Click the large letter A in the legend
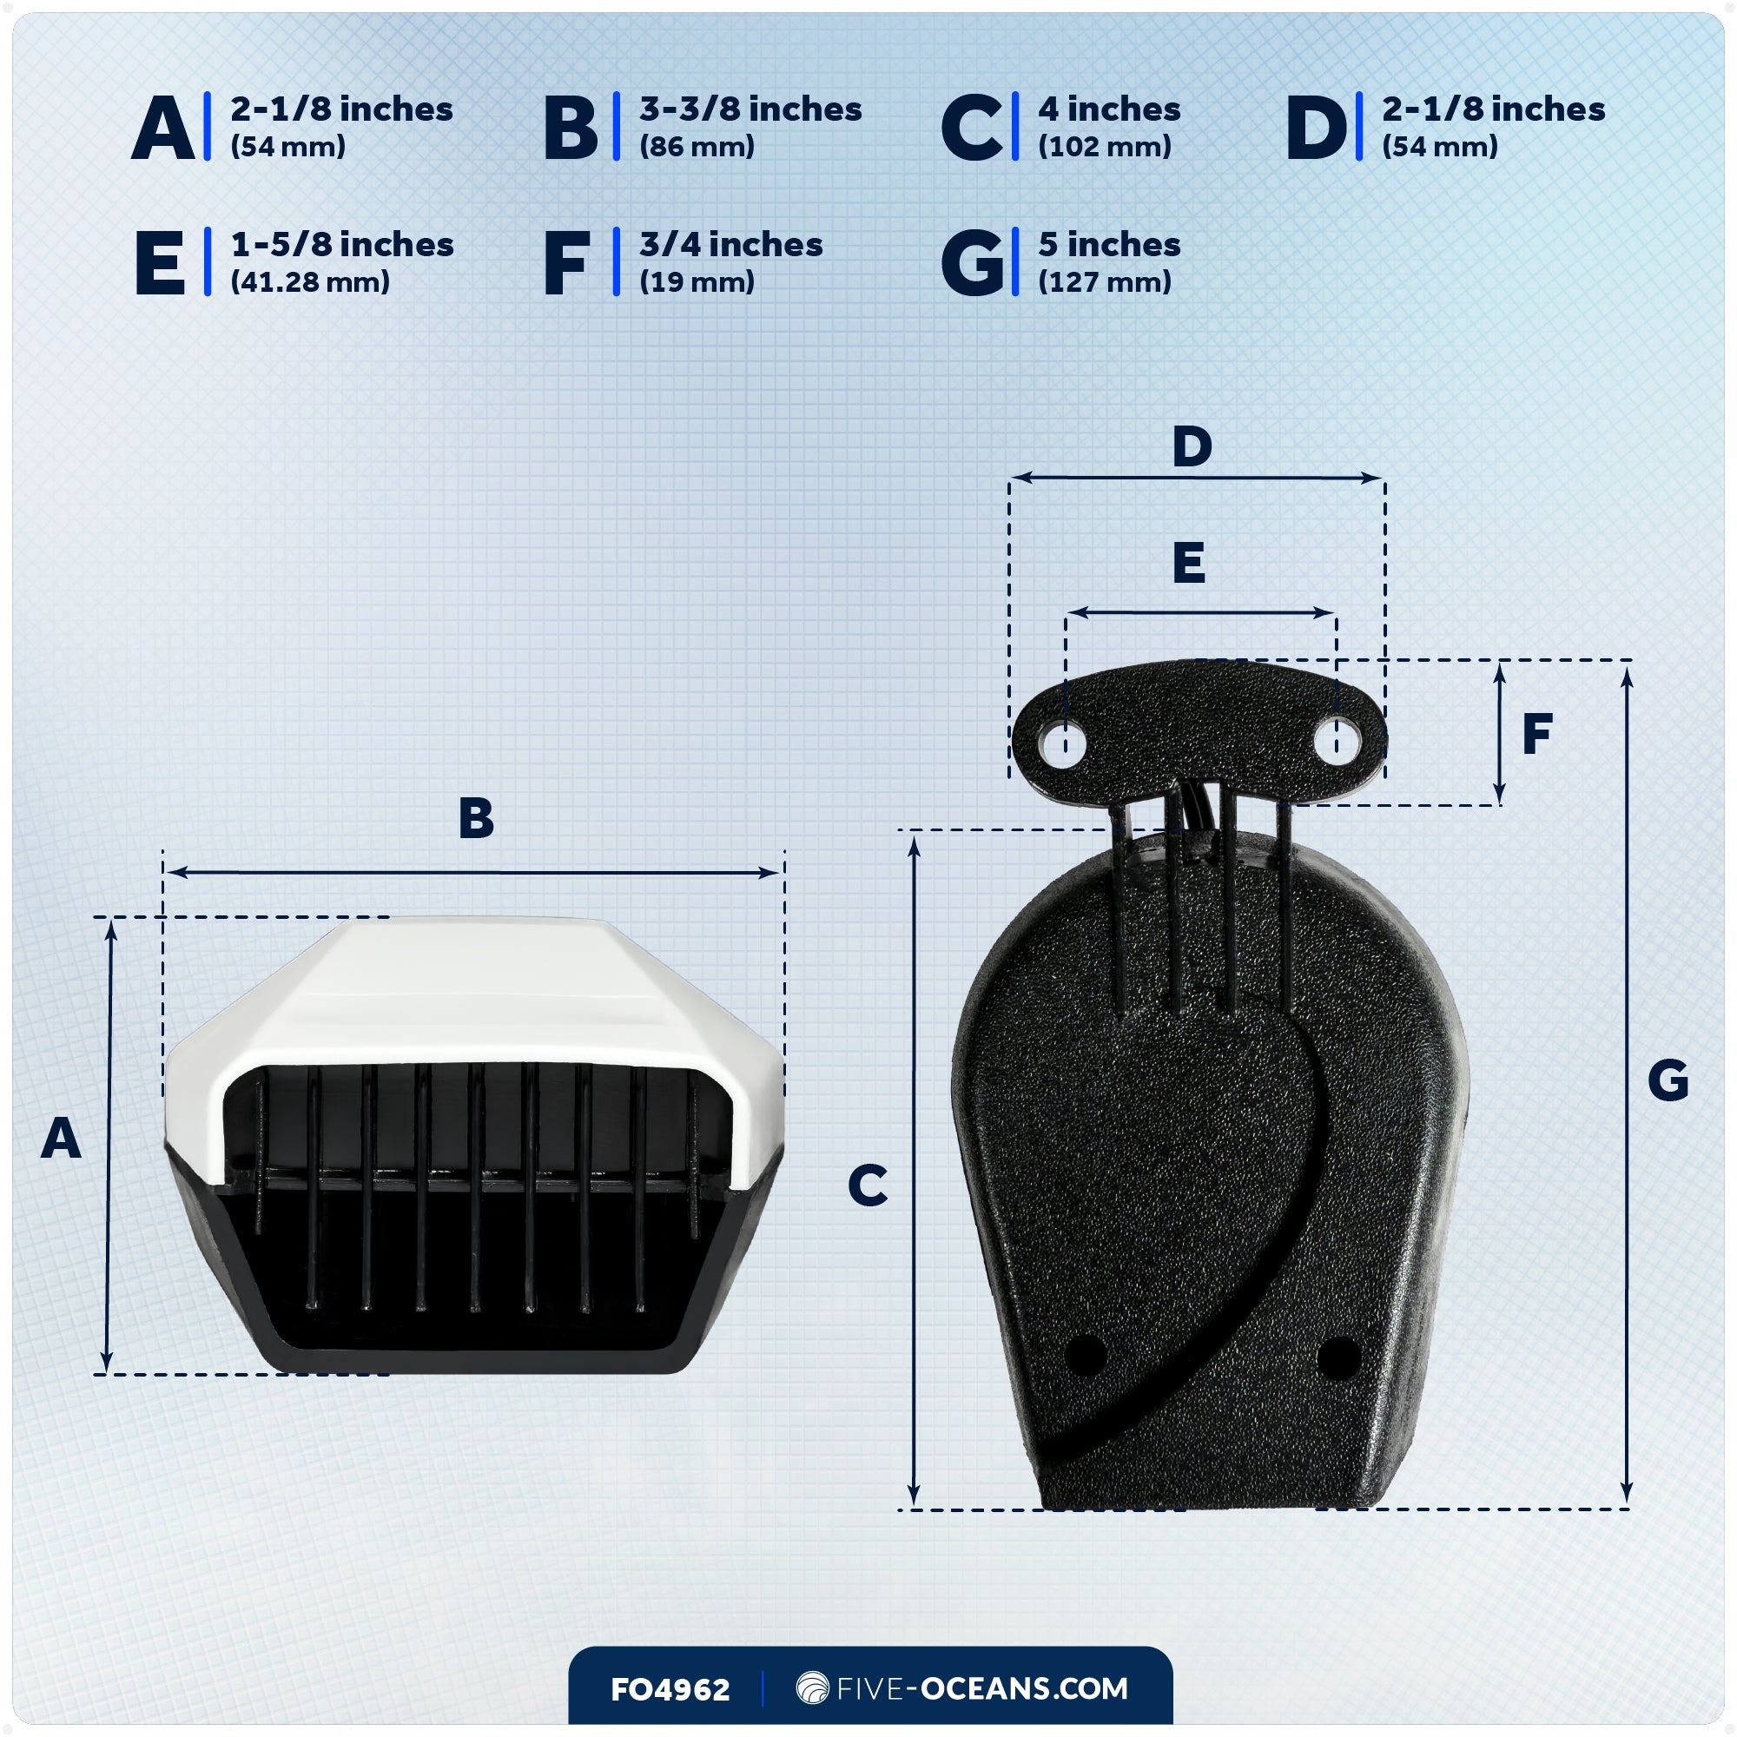tap(162, 128)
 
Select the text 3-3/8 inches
tap(750, 109)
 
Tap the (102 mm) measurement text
tap(1104, 147)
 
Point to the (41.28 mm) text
tap(310, 282)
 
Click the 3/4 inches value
tap(730, 245)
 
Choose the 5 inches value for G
tap(1108, 245)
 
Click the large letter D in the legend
tap(1317, 128)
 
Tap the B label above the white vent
tap(476, 818)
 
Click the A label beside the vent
tap(61, 1139)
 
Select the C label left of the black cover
tap(868, 1185)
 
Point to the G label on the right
tap(1668, 1080)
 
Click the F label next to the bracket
tap(1537, 734)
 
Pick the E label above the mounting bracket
tap(1189, 564)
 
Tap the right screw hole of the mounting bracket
tap(1337, 744)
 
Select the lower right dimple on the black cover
tap(1338, 1357)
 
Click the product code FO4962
tap(670, 1689)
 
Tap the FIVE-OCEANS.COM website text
tap(981, 1688)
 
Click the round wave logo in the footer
tap(812, 1687)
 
